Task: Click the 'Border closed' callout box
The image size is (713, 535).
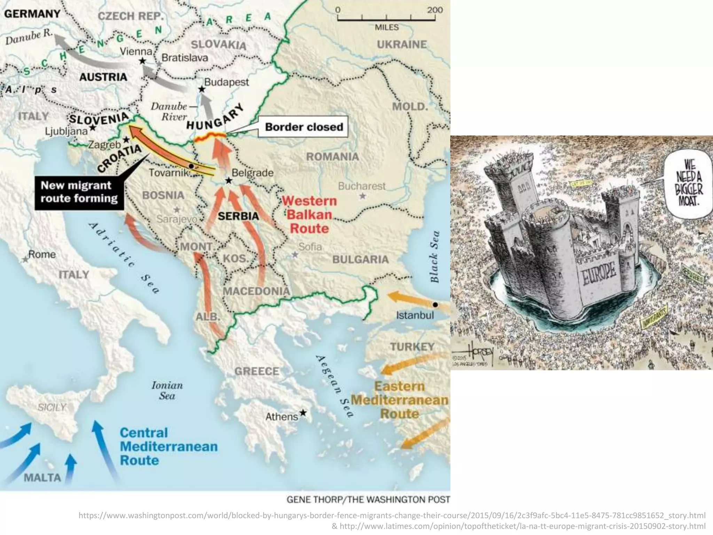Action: (x=304, y=127)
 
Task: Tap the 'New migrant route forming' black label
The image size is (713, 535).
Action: (x=79, y=192)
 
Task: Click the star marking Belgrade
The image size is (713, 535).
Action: (x=228, y=180)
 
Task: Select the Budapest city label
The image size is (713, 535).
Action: (x=226, y=82)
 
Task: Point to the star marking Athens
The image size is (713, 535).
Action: (x=303, y=413)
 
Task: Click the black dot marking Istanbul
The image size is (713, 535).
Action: (x=435, y=305)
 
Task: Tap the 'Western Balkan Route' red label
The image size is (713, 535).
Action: (x=309, y=215)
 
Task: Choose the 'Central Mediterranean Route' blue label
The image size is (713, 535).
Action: (x=169, y=446)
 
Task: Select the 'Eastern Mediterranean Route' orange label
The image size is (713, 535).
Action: (x=400, y=400)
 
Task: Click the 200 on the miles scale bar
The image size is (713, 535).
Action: (x=435, y=9)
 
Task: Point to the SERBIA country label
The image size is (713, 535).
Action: (x=238, y=216)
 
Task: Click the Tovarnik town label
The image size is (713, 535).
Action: (x=169, y=173)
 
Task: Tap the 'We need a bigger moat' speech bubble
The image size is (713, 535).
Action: (x=689, y=183)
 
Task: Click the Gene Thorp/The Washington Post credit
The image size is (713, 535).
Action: (x=368, y=499)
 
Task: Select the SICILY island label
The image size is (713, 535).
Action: (x=52, y=407)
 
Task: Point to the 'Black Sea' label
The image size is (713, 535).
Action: (x=434, y=256)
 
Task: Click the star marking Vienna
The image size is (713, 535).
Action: (x=142, y=61)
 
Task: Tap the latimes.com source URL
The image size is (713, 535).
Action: (x=518, y=526)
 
